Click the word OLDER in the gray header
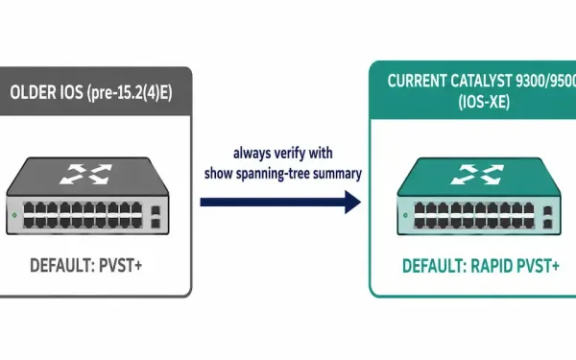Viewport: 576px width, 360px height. (32, 92)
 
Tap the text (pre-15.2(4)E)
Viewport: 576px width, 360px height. (130, 93)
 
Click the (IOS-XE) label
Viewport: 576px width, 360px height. (484, 102)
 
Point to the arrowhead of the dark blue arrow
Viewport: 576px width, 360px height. (353, 202)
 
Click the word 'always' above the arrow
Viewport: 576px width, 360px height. (250, 154)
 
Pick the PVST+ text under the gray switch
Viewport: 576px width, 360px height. (121, 266)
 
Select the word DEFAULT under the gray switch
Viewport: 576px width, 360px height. (62, 266)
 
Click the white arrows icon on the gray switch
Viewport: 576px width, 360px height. (86, 174)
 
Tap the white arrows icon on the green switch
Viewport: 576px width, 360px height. (477, 174)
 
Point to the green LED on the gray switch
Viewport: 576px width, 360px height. (14, 215)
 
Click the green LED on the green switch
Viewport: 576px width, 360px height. (405, 215)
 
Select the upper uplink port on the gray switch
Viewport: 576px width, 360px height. (156, 210)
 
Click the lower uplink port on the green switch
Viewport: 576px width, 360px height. (547, 224)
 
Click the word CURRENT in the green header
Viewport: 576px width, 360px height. (417, 81)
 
